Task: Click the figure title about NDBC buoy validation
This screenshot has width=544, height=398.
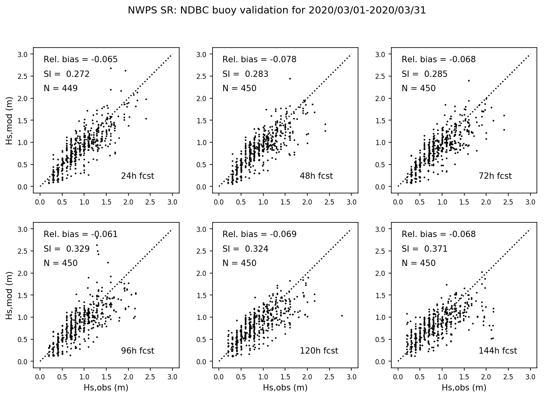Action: tap(277, 11)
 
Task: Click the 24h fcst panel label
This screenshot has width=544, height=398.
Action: tap(137, 176)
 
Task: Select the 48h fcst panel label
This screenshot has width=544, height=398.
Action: tap(316, 176)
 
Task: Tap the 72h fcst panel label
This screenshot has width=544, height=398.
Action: tap(495, 176)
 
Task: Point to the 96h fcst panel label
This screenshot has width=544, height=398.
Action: tap(137, 351)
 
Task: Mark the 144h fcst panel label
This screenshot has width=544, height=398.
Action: tap(498, 351)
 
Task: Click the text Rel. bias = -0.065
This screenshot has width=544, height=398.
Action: tap(80, 59)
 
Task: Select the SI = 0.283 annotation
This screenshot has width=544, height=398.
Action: tap(245, 74)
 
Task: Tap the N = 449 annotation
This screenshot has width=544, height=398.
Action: tap(61, 88)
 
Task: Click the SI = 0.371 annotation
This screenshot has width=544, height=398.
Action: tap(424, 249)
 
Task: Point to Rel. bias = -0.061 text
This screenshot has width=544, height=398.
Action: tap(80, 234)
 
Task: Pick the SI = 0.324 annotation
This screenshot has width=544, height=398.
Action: tap(245, 249)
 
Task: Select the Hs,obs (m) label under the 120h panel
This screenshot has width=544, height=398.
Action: tap(285, 388)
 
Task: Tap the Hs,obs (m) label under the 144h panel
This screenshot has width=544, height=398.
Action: tap(464, 388)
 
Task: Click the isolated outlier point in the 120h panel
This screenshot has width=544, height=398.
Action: tap(342, 316)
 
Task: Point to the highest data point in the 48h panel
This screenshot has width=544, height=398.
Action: tap(290, 78)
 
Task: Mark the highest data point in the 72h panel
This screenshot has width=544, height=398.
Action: tap(469, 80)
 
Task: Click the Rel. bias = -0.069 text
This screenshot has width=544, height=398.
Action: tap(259, 234)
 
